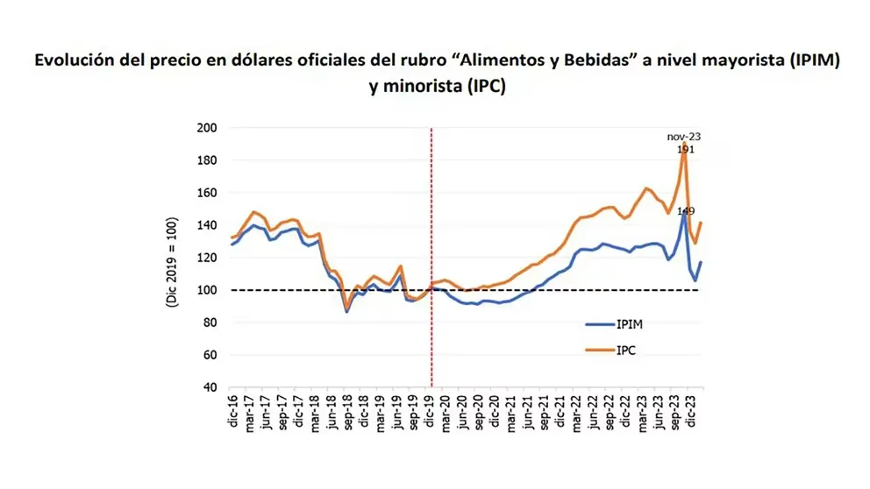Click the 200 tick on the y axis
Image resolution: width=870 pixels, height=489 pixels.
(206, 128)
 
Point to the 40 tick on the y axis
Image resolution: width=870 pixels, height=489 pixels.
(210, 387)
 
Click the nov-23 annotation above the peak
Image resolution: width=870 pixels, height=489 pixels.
(684, 137)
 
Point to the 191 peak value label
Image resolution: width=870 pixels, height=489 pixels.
(687, 150)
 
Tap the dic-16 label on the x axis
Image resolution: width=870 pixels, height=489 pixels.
(234, 413)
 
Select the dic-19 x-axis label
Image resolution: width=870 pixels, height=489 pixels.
(430, 413)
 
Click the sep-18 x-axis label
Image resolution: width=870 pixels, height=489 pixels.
(348, 413)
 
